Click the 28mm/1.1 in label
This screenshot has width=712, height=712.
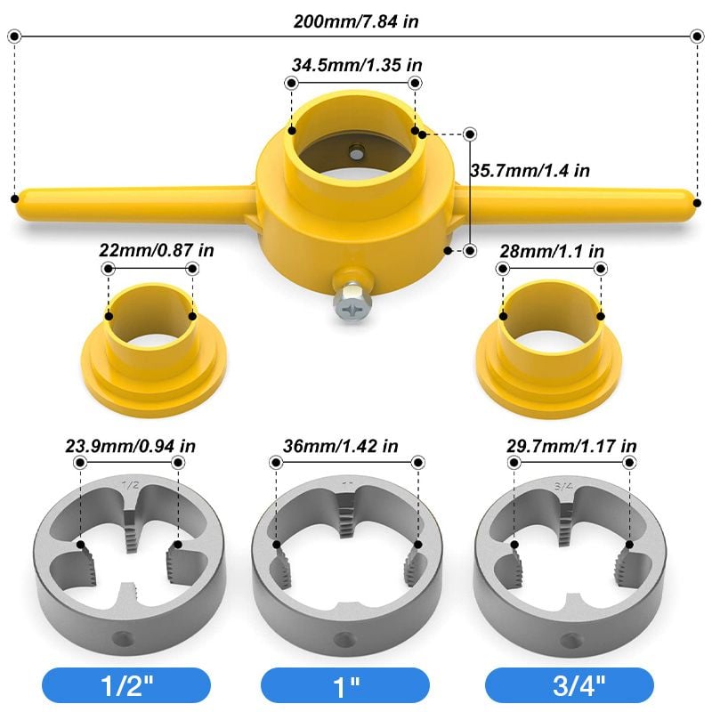(553, 251)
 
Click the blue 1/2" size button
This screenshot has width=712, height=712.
(125, 685)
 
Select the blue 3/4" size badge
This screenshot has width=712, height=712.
(570, 685)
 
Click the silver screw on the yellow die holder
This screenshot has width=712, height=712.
(350, 303)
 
